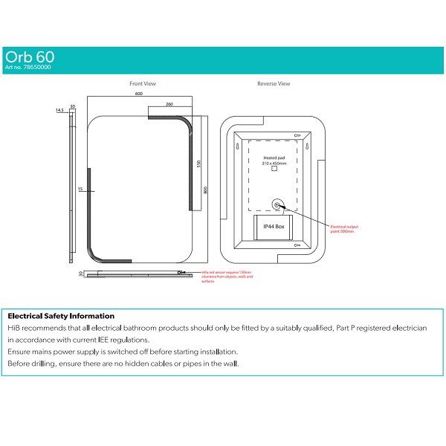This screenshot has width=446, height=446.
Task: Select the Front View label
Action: (142, 84)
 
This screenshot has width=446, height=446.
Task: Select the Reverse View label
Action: (274, 84)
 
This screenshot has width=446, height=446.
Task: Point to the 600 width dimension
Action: (139, 94)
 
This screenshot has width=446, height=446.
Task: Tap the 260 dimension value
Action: (169, 105)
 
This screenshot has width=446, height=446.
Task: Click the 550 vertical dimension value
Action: (198, 164)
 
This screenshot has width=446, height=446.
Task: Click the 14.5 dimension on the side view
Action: (59, 110)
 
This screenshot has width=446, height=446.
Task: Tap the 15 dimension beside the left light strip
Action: (79, 190)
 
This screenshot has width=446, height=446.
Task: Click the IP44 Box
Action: (274, 226)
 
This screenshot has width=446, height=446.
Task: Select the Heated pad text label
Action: (274, 159)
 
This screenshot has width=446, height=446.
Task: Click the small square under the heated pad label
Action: (274, 169)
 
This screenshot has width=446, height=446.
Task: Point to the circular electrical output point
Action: (277, 204)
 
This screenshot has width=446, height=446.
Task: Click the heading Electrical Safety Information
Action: (60, 316)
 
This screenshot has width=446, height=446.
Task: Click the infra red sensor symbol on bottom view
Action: (181, 273)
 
